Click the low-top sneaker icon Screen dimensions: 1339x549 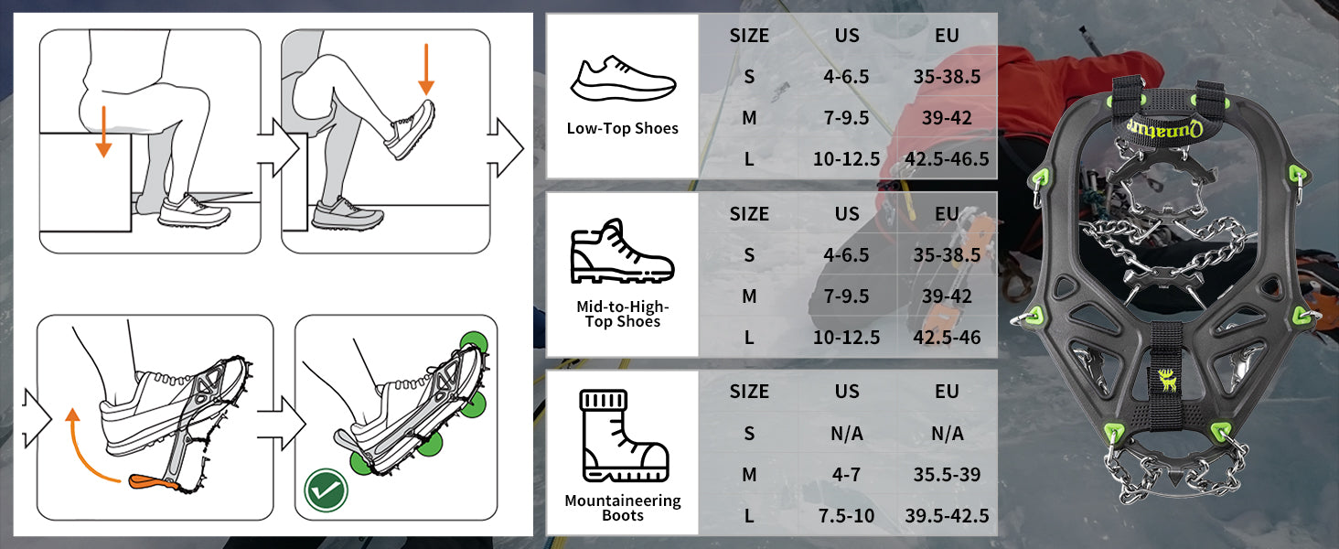tap(623, 79)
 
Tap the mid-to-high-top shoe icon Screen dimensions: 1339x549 tap(622, 251)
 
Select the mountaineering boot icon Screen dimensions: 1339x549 tap(624, 436)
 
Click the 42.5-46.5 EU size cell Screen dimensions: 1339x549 tap(947, 159)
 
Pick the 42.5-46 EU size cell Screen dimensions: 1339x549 tap(947, 338)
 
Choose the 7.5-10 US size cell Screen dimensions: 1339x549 tap(846, 515)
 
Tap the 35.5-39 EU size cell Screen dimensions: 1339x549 tap(947, 474)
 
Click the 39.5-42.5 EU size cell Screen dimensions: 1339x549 tap(947, 515)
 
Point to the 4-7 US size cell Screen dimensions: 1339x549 tap(846, 474)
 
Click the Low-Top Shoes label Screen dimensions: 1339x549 tap(622, 129)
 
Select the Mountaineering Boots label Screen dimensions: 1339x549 tap(622, 508)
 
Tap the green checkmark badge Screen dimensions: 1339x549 tap(326, 490)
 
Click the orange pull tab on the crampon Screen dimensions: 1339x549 tap(153, 481)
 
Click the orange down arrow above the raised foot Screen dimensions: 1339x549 tap(426, 69)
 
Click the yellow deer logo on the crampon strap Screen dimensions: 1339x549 tap(1167, 381)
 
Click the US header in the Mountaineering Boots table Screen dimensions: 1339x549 tap(846, 391)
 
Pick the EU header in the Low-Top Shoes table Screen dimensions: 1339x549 tap(947, 36)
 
